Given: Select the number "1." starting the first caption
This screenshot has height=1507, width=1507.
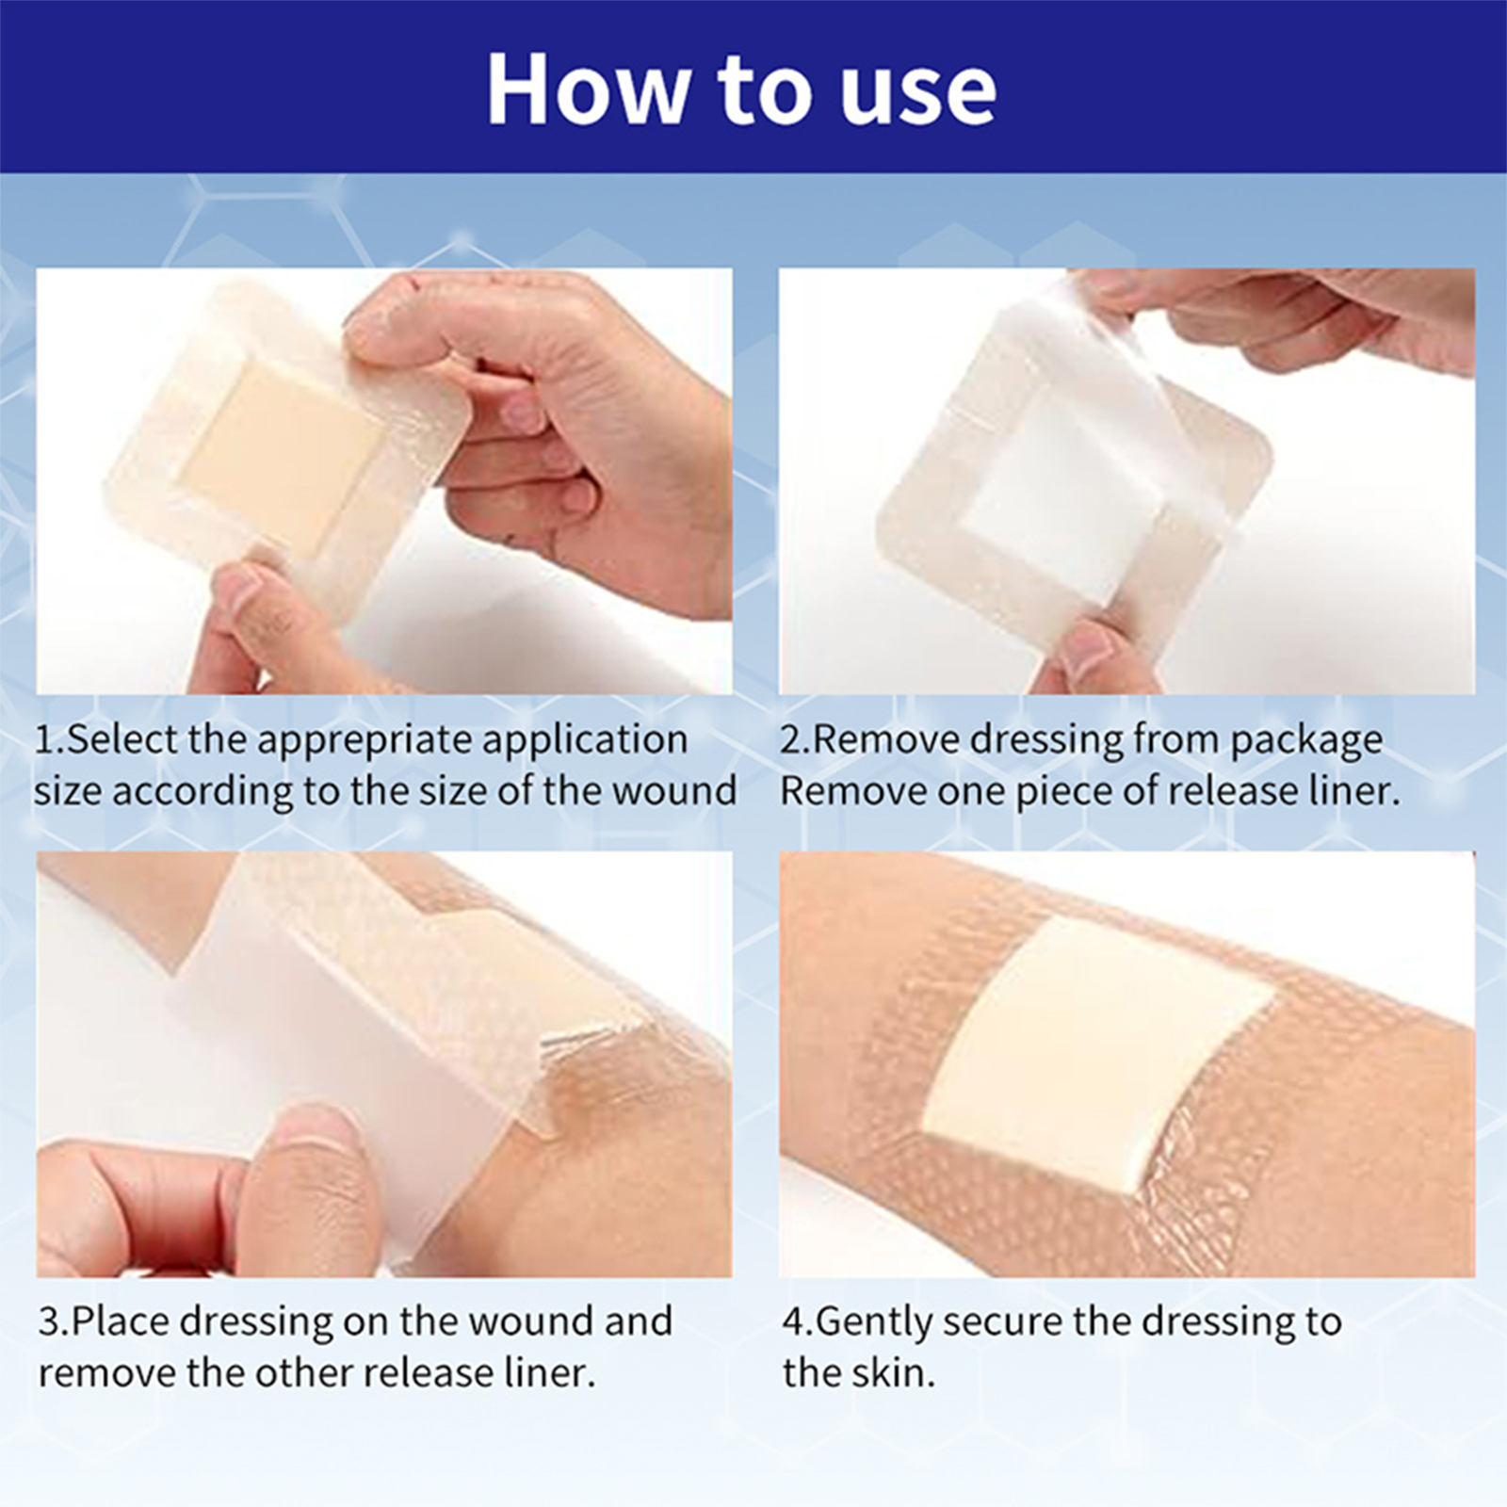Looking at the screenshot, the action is (50, 739).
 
